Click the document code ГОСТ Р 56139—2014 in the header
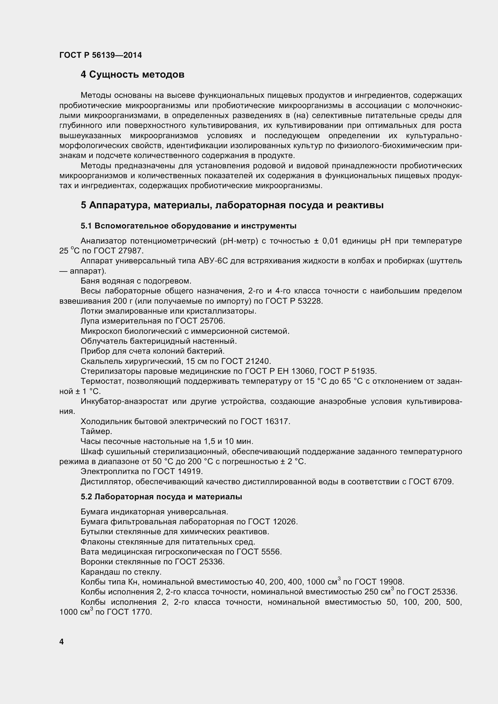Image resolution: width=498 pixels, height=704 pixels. click(101, 55)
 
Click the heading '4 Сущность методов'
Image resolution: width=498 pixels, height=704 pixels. click(132, 75)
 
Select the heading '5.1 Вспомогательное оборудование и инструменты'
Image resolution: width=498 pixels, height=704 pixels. click(188, 226)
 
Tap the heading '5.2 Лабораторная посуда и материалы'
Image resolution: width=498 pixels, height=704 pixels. click(161, 497)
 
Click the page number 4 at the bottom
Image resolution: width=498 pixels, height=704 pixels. click(62, 641)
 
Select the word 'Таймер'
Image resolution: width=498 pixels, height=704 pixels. click(96, 431)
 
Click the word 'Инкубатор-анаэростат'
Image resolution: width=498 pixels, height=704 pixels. click(124, 402)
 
